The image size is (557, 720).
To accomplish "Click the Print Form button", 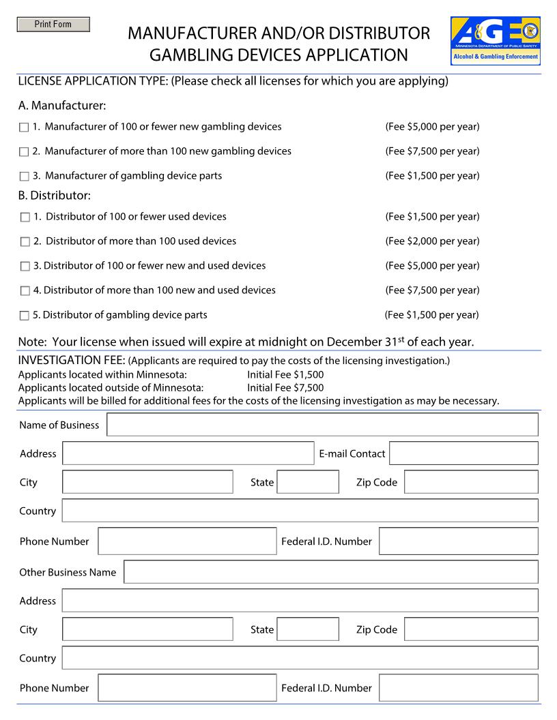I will (x=53, y=25).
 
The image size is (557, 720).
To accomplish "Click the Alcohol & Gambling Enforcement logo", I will (x=495, y=41).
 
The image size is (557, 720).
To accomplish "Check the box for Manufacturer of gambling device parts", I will (x=25, y=177).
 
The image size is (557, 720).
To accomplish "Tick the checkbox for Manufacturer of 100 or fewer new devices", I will (x=25, y=127).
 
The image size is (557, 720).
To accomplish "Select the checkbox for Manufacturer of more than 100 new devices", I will (x=25, y=152).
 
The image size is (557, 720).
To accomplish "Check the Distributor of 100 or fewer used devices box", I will (x=25, y=217).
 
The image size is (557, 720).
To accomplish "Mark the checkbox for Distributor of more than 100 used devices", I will (x=25, y=242).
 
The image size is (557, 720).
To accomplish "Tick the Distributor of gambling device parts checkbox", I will (x=25, y=316).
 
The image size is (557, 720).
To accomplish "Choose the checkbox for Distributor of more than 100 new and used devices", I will (x=25, y=291).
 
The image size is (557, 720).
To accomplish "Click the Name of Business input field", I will (x=322, y=425).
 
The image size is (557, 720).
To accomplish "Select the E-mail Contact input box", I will (x=463, y=453).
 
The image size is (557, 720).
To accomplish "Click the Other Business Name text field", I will (x=330, y=572).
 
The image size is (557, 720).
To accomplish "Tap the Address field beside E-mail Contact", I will (x=188, y=453).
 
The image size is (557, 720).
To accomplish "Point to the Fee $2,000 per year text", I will (x=432, y=241).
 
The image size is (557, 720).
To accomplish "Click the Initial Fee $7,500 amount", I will (x=285, y=388).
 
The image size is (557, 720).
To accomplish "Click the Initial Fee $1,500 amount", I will (x=285, y=375).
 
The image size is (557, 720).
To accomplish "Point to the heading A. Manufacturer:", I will (x=62, y=106).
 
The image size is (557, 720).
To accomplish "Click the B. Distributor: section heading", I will (x=55, y=196).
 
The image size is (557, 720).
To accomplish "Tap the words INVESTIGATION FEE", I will (x=71, y=360).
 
